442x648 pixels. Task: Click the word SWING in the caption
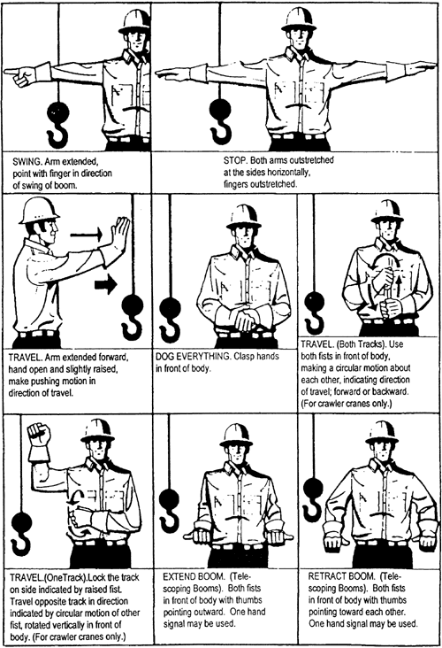[26, 161]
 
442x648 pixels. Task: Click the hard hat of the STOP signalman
[299, 19]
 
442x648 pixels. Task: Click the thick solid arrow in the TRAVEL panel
[106, 284]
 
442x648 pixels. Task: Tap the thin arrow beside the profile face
[86, 235]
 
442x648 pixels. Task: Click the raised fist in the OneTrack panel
[38, 436]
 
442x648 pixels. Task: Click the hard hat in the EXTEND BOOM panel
[236, 435]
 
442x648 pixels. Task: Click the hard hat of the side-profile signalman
[38, 211]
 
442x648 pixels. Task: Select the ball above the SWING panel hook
[58, 112]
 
